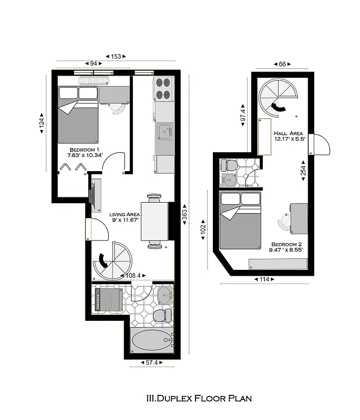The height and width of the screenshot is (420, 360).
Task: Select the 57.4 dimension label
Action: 151,362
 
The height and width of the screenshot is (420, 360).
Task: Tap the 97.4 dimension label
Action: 243,112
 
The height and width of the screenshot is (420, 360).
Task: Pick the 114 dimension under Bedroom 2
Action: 264,279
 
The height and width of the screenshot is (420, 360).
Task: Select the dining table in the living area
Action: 155,220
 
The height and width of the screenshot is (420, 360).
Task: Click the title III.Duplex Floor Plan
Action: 199,398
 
